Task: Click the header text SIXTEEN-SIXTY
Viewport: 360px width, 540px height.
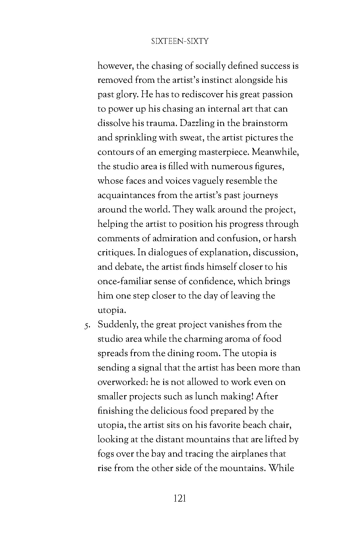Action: click(x=180, y=41)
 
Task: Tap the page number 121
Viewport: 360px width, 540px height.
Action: click(x=180, y=499)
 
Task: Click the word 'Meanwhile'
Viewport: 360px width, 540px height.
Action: click(x=275, y=152)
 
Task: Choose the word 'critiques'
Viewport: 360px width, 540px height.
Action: click(x=115, y=253)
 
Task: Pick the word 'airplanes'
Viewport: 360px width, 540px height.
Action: click(x=249, y=454)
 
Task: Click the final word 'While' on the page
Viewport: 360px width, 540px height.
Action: click(x=281, y=469)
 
